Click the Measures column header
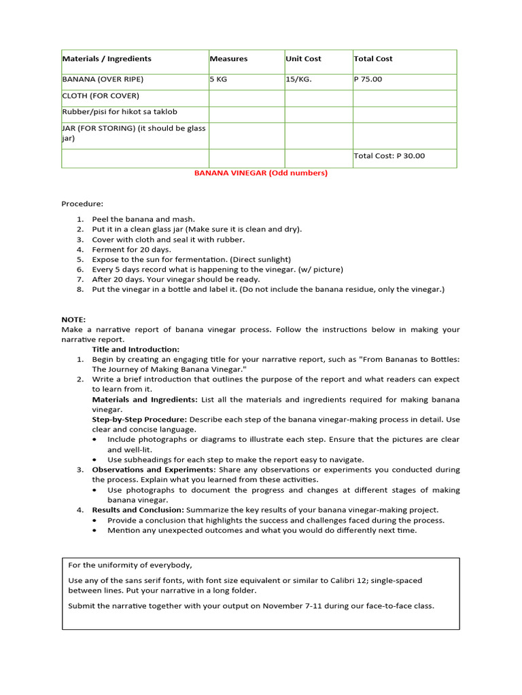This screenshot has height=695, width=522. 229,59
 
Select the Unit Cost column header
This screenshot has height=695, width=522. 304,59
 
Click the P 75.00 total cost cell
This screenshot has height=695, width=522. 368,79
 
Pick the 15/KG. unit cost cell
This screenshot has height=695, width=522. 299,79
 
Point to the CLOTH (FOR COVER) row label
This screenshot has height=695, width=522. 101,96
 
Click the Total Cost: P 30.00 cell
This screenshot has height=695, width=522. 389,156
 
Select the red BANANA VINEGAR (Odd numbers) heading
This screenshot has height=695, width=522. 261,173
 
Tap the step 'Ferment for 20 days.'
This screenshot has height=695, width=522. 132,250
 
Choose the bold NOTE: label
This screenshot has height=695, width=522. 73,319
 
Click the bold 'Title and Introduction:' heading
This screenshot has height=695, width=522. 136,350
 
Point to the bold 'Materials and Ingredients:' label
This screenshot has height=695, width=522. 145,400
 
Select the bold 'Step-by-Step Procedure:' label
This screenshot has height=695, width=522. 139,420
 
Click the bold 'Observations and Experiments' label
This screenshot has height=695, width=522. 153,470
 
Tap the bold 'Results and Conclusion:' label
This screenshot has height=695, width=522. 138,510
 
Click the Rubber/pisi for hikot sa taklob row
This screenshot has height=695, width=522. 120,112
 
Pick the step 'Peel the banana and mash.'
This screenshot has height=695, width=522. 143,219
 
